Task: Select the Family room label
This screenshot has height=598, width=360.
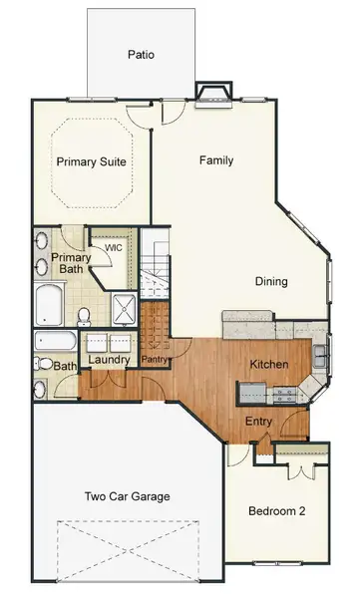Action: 216,160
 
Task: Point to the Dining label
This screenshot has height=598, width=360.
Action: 270,282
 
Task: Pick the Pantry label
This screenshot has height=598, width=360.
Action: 154,360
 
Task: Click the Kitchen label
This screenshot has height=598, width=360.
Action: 269,365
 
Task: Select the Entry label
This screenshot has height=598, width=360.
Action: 259,421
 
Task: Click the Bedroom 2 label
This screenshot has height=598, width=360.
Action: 276,511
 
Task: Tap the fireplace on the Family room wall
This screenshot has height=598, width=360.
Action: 213,95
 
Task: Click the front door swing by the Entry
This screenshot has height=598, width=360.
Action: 295,427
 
